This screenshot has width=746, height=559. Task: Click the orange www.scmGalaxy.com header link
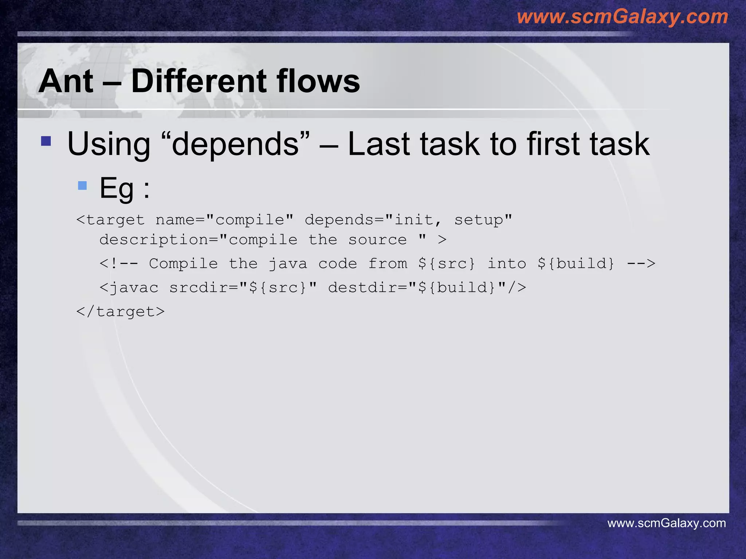tap(622, 17)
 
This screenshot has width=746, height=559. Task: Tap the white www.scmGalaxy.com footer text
tap(666, 523)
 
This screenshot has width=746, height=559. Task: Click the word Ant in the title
tap(66, 81)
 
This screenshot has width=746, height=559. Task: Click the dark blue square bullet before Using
tap(46, 141)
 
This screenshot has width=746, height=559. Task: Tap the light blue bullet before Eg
tap(82, 186)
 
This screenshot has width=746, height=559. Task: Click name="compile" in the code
tap(224, 220)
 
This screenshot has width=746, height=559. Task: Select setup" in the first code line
tap(483, 220)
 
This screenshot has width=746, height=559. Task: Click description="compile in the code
tap(199, 240)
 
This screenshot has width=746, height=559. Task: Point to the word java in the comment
tap(288, 263)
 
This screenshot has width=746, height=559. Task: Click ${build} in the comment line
tap(576, 263)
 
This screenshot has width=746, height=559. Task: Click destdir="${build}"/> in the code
tap(427, 288)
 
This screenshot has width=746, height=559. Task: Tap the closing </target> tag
tap(121, 312)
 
